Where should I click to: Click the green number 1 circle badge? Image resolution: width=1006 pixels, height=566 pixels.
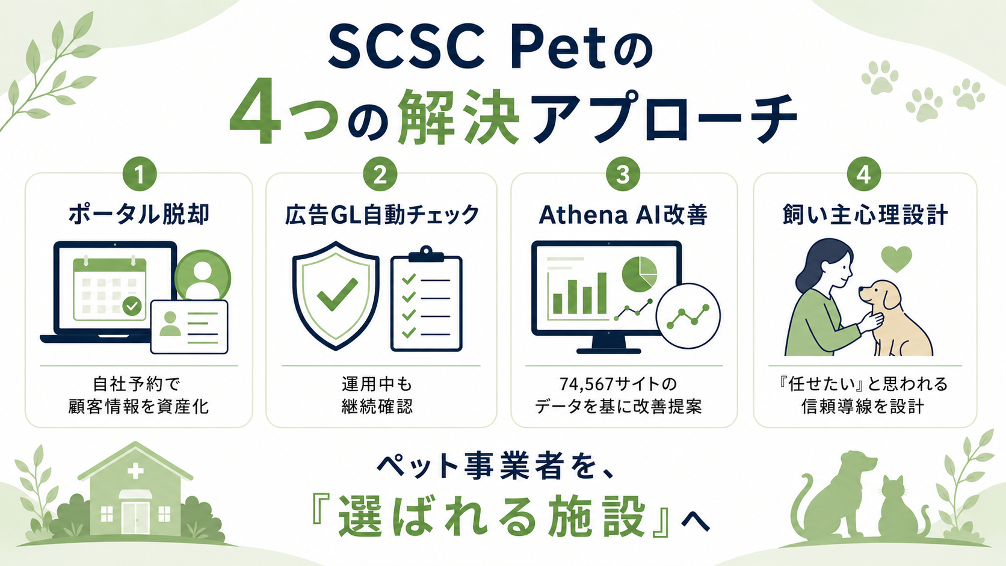[x=140, y=174]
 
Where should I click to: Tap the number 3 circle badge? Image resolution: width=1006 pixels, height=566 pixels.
[x=623, y=174]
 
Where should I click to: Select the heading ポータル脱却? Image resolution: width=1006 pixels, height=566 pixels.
[x=139, y=215]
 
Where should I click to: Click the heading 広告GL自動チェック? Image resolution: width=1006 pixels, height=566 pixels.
[x=382, y=215]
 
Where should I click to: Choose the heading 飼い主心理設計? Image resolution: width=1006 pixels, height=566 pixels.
[x=865, y=215]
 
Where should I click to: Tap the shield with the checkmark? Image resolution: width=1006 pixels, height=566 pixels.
[x=336, y=296]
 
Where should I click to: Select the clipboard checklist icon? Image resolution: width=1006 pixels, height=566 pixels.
[x=426, y=299]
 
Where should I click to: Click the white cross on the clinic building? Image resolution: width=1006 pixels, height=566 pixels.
[x=135, y=471]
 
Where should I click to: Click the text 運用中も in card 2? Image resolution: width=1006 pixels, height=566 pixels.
[x=377, y=384]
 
